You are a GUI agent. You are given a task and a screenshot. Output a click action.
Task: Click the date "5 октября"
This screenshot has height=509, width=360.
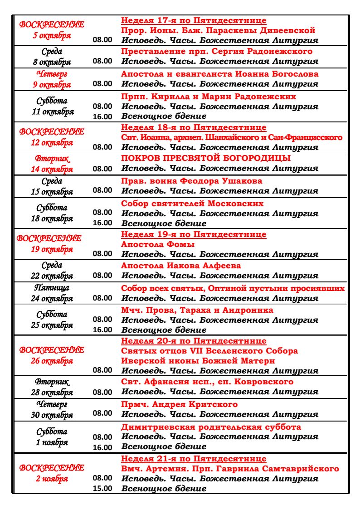[52, 36]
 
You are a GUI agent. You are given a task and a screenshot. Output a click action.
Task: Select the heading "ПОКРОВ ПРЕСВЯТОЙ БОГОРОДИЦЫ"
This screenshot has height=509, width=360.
[206, 158]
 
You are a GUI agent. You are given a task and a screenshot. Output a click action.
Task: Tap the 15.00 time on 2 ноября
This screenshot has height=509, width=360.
[102, 488]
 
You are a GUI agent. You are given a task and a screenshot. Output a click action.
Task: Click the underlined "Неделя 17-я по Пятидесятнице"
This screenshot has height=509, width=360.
[194, 21]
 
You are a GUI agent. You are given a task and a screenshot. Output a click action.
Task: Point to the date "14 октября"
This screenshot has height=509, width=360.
[52, 170]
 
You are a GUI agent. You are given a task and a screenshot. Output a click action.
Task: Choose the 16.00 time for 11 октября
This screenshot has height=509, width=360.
[102, 116]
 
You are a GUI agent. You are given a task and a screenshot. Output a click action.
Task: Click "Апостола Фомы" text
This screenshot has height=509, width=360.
[158, 244]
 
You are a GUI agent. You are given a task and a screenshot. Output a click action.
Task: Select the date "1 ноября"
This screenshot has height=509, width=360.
[52, 442]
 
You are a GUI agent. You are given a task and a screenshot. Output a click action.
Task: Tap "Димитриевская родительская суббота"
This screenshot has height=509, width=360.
[211, 427]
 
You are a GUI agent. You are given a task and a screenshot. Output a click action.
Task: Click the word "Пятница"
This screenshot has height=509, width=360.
[52, 288]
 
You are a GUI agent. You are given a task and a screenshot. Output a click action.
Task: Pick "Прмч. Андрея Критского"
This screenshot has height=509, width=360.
[179, 404]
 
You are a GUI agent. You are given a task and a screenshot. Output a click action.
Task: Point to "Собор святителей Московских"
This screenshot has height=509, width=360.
[192, 204]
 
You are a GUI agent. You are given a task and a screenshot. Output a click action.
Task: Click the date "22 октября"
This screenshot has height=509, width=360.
[52, 276]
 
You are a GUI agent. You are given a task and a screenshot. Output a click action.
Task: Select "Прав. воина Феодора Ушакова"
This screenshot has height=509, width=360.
[191, 181]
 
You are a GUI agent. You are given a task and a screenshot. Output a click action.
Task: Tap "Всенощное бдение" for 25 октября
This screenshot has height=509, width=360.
[164, 330]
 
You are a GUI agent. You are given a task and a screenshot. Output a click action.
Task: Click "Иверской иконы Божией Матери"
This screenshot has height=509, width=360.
[198, 361]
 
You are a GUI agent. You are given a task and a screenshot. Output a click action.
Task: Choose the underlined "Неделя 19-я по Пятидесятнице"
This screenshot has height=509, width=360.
[194, 234]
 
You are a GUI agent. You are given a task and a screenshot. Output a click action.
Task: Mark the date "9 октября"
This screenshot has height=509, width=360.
[52, 84]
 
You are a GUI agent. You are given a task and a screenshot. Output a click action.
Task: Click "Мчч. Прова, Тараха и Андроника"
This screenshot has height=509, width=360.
[197, 310]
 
